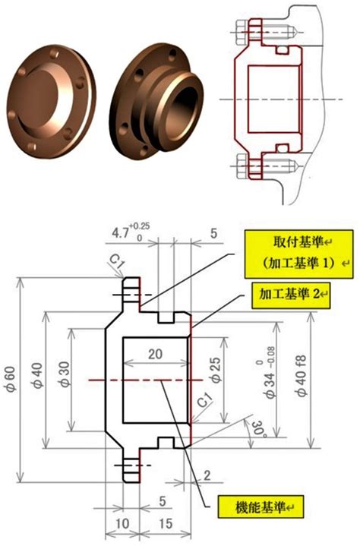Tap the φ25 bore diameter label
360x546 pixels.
click(x=216, y=370)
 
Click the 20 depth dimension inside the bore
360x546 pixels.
click(x=155, y=354)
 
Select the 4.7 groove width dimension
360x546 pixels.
click(x=119, y=233)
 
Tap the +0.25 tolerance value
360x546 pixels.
click(x=139, y=226)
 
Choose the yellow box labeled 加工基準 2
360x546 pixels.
click(x=291, y=295)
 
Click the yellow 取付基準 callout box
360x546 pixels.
click(x=299, y=254)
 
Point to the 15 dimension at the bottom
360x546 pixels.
click(x=166, y=523)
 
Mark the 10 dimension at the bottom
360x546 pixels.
click(x=122, y=523)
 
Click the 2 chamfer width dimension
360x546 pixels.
click(x=207, y=475)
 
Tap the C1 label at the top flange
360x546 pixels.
click(x=117, y=261)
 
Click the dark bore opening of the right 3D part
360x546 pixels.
click(x=184, y=109)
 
